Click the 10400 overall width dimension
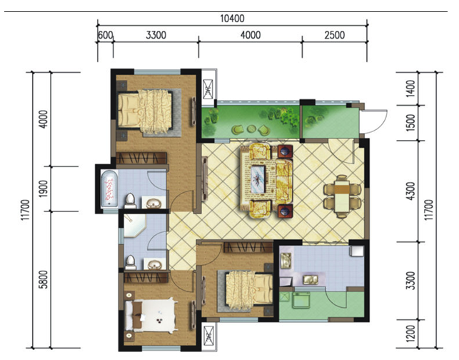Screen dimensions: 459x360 (x=232, y=19)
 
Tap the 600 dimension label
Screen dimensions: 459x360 (x=105, y=35)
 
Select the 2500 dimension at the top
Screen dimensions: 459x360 (x=335, y=35)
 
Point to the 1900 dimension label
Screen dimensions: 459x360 (x=44, y=189)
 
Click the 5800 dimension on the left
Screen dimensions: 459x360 (x=44, y=279)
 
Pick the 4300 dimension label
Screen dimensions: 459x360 (x=411, y=191)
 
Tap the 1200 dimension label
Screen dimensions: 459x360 (x=411, y=334)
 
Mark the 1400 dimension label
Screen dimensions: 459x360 (x=411, y=89)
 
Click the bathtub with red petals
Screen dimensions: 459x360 (x=109, y=189)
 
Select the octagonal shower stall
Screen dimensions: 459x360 (x=133, y=226)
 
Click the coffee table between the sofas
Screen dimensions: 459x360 (x=258, y=179)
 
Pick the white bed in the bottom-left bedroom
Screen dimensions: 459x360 (x=151, y=315)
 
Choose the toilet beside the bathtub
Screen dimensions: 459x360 (x=130, y=201)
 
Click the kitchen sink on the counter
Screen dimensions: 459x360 (x=311, y=279)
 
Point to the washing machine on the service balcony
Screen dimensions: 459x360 (x=301, y=300)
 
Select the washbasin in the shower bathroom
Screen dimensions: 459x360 (x=155, y=264)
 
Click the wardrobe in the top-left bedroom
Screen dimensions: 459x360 (x=141, y=158)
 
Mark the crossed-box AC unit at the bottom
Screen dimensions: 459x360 (x=208, y=336)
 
